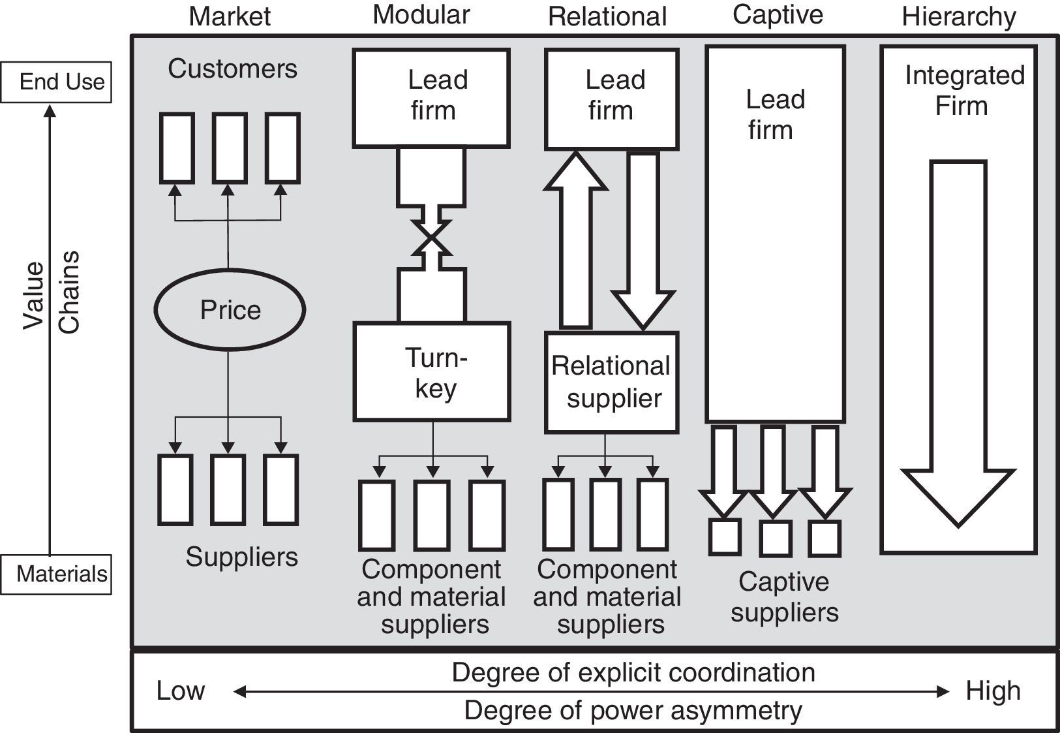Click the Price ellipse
point(230,310)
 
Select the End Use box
point(56,82)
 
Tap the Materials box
point(56,574)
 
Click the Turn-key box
point(431,371)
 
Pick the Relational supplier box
point(611,382)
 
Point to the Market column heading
point(229,16)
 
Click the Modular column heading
point(421,15)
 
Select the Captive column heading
point(777,15)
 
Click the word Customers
point(232,69)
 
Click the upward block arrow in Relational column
point(576,242)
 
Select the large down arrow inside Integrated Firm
point(958,339)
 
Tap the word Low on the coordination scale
point(180,691)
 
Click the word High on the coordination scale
point(993,691)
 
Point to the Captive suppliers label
point(784,597)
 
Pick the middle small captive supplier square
point(775,538)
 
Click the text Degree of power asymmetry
point(633,711)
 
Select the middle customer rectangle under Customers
point(230,148)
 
